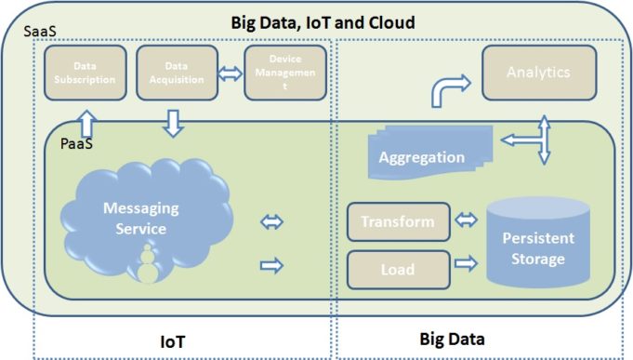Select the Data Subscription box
click(x=85, y=73)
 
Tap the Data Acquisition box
click(x=175, y=73)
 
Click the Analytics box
click(x=538, y=72)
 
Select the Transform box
click(x=397, y=222)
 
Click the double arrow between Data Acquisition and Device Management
click(x=229, y=73)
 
